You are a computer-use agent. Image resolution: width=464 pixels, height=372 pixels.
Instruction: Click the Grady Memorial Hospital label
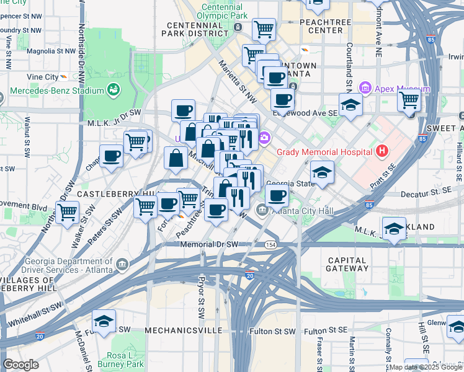(324, 152)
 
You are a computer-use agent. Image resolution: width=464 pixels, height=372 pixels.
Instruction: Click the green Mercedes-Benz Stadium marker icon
(114, 91)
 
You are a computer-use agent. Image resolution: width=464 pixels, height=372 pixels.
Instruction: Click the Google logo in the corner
(20, 365)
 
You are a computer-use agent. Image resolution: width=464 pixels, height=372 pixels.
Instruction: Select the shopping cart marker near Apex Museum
(409, 100)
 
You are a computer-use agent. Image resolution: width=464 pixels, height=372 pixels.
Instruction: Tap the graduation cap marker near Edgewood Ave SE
(350, 105)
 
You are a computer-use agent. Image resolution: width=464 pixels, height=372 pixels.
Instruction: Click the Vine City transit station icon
(63, 77)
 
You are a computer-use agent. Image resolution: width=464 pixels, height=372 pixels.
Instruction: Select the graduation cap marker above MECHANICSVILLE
(104, 321)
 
